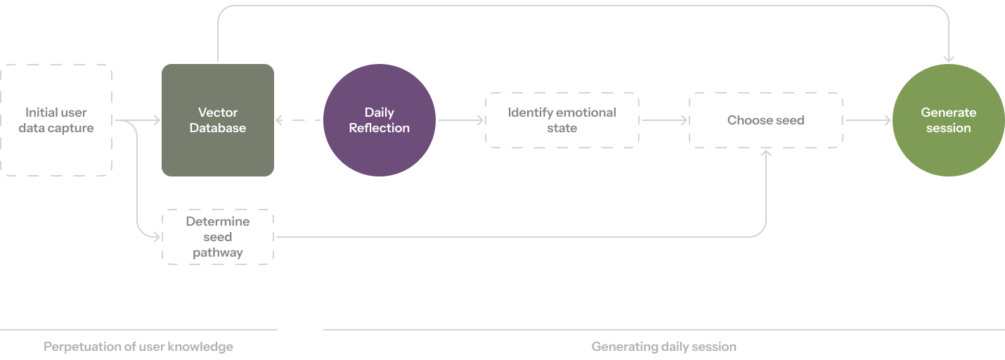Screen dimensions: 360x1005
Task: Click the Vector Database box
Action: [x=217, y=120]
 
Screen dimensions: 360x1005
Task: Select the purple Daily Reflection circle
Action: [x=379, y=120]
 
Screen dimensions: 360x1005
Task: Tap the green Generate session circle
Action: [x=948, y=120]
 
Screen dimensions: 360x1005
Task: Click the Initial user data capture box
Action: [x=56, y=120]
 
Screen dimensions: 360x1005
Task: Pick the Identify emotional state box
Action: [x=562, y=120]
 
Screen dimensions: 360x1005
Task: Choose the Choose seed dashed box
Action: [x=765, y=120]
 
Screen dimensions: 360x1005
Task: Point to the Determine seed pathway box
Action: [x=217, y=237]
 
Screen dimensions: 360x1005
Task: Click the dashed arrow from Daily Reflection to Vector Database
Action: [x=299, y=120]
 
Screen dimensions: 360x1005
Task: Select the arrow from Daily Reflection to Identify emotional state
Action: [x=460, y=120]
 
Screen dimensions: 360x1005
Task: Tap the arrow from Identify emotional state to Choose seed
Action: [x=663, y=120]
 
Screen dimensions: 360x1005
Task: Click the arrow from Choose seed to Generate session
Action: [x=867, y=120]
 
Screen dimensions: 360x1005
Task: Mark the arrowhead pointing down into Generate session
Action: [x=949, y=59]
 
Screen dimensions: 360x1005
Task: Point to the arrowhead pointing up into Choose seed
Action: [x=765, y=153]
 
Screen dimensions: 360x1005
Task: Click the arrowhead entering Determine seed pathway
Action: [x=157, y=237]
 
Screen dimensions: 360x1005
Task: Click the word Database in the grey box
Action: [x=218, y=128]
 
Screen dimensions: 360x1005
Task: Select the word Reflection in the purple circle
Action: [x=380, y=128]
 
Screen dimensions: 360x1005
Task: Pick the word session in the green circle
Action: [x=949, y=128]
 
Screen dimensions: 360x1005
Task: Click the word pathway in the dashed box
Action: [x=218, y=252]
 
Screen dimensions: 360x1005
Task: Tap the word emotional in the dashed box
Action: [x=586, y=112]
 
